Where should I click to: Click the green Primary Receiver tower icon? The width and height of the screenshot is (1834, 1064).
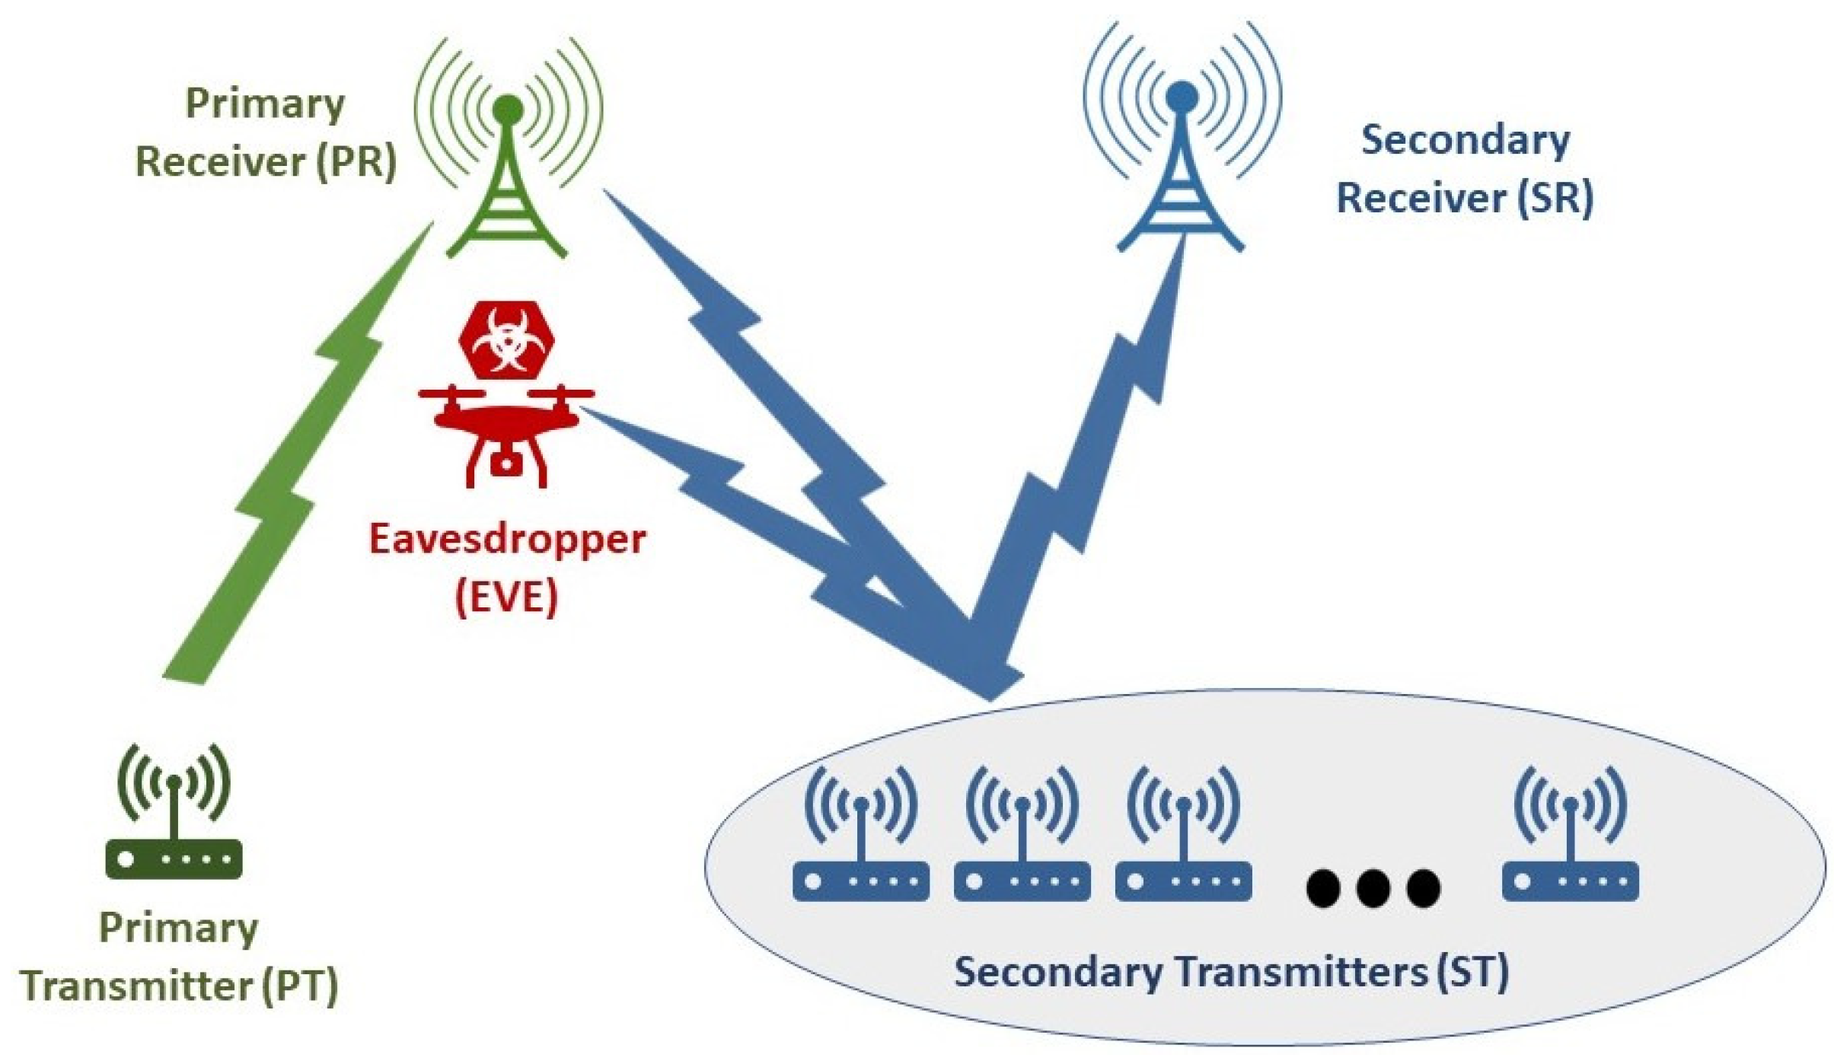pyautogui.click(x=508, y=183)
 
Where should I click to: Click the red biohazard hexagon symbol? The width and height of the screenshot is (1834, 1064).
pyautogui.click(x=506, y=339)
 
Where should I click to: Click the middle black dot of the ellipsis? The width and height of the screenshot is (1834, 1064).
pyautogui.click(x=1373, y=887)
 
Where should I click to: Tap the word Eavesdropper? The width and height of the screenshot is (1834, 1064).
pyautogui.click(x=507, y=539)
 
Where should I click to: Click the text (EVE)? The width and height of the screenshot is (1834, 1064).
pyautogui.click(x=506, y=596)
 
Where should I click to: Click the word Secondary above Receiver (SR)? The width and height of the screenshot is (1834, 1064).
pyautogui.click(x=1465, y=141)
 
